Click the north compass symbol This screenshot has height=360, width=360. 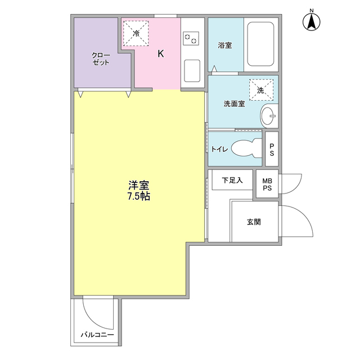point(311,21)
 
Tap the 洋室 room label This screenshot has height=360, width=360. point(138,185)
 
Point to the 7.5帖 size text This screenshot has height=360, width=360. point(138,197)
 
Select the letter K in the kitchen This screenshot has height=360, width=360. point(160,54)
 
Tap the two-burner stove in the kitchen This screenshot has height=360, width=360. point(192,38)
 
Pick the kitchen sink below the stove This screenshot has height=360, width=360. point(192,71)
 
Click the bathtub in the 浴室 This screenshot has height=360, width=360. point(260,45)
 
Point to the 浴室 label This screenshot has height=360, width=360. point(224,46)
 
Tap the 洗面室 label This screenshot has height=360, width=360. point(234,104)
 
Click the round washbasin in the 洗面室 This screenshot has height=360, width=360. point(269,116)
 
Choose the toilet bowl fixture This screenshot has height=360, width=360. point(246,148)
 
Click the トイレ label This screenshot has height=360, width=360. point(219,149)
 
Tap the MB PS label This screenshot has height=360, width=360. point(267,184)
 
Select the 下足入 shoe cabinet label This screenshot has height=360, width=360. point(232,181)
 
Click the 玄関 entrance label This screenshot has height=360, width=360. point(253,222)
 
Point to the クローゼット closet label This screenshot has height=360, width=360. point(102,58)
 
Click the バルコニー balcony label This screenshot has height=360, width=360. point(97,335)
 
